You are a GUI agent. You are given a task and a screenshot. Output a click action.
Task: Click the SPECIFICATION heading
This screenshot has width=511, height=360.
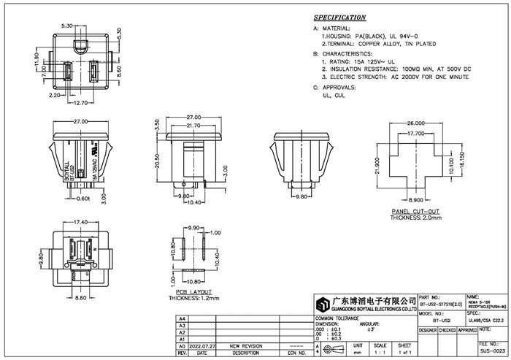(340, 17)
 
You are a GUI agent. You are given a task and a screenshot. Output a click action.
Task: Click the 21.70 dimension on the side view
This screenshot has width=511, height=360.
(193, 126)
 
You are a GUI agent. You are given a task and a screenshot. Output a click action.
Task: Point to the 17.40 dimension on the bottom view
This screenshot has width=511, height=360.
(80, 221)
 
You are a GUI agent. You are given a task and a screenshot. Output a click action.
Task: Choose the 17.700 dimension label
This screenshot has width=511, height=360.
(415, 134)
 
